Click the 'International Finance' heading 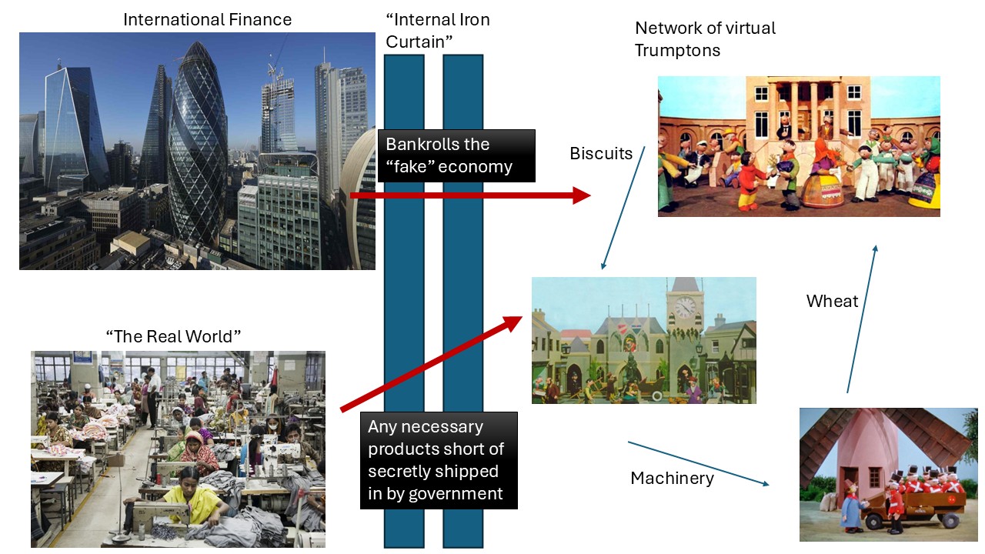(207, 19)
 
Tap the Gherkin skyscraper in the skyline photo (198, 138)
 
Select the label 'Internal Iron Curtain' (437, 31)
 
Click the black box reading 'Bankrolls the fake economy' (456, 155)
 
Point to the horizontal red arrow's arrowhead (581, 195)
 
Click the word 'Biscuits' (601, 153)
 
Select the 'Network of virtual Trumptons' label (705, 39)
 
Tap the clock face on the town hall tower (684, 308)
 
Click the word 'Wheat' (832, 301)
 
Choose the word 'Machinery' (672, 478)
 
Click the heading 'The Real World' (173, 336)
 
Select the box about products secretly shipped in (439, 460)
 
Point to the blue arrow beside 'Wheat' (861, 319)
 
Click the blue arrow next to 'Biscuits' (623, 208)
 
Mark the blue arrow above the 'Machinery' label (698, 463)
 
